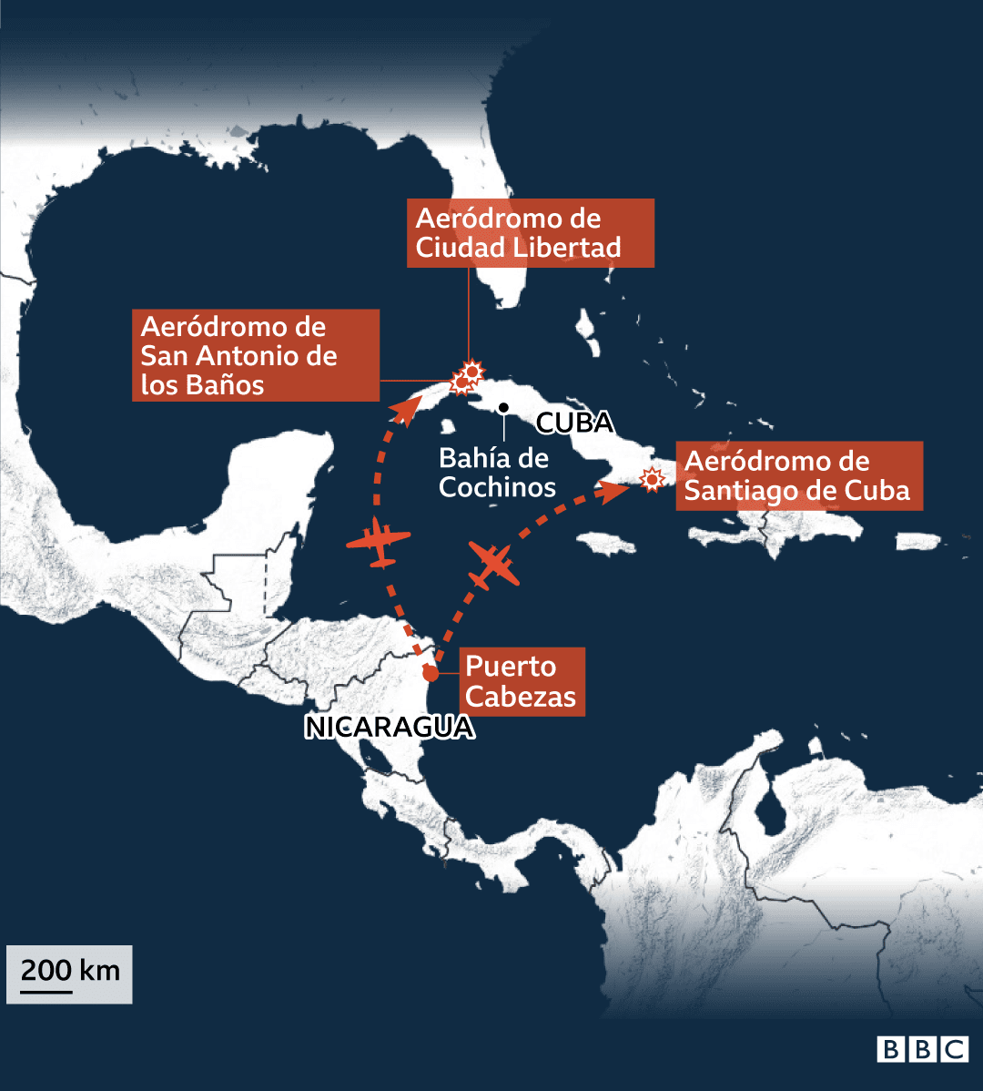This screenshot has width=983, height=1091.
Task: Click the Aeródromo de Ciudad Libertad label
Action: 530,233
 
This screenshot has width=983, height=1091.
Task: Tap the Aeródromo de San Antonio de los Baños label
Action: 255,355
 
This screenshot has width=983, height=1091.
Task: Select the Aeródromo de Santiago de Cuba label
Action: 798,476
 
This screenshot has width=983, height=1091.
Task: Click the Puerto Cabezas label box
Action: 521,682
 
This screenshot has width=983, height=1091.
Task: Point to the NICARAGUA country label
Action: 390,728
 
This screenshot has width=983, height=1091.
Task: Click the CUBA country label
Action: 574,423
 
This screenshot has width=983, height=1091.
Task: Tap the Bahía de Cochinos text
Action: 497,473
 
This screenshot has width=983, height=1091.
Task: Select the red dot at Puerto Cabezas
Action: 431,674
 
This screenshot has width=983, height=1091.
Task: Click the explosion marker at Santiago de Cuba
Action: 651,478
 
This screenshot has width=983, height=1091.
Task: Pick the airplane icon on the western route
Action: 380,543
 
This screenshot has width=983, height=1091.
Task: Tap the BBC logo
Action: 922,1049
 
